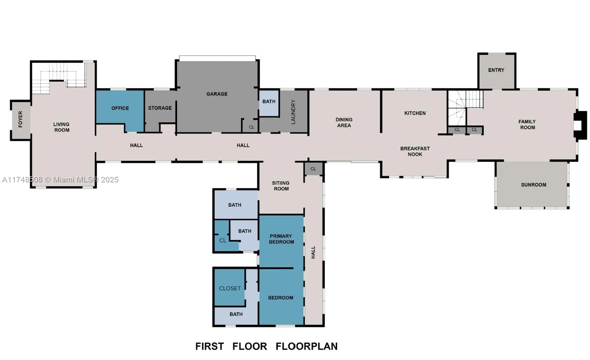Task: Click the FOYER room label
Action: (20, 119)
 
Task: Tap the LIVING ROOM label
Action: (61, 127)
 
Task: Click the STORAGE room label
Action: (160, 108)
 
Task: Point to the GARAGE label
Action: (217, 94)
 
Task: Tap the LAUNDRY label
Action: (294, 112)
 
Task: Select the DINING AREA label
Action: (344, 122)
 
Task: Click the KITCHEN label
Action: (415, 113)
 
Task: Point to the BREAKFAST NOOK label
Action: (415, 151)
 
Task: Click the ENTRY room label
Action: (496, 70)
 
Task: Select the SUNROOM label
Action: (534, 185)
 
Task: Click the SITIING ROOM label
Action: (281, 186)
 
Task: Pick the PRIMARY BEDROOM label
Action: (281, 239)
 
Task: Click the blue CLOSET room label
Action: (230, 288)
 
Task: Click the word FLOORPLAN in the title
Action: (306, 346)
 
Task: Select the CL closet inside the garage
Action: (251, 127)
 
